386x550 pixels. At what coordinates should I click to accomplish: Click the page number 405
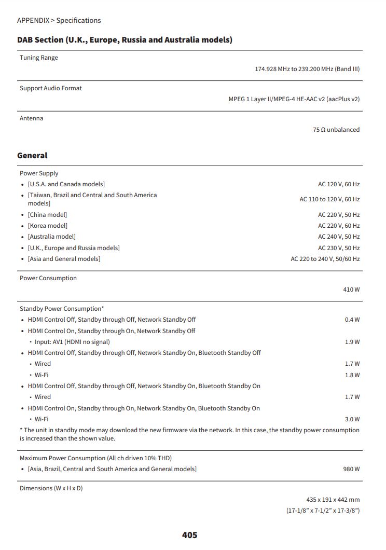[x=189, y=535]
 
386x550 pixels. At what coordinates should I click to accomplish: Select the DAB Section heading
[x=125, y=40]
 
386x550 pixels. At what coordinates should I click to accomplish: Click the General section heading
[x=32, y=156]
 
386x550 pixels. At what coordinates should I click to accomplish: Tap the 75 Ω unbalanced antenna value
[x=336, y=130]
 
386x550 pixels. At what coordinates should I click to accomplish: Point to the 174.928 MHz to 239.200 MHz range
[x=307, y=69]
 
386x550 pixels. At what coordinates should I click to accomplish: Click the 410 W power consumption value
[x=351, y=290]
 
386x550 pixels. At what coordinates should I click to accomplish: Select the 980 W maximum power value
[x=351, y=469]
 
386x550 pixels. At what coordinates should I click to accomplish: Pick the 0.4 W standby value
[x=352, y=320]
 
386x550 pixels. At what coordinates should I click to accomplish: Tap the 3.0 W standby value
[x=352, y=419]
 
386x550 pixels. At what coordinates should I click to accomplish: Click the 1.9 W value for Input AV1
[x=352, y=342]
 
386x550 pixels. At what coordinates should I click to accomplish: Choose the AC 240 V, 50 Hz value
[x=339, y=237]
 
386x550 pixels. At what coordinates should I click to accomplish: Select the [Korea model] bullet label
[x=48, y=226]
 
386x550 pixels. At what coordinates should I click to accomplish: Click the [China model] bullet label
[x=47, y=215]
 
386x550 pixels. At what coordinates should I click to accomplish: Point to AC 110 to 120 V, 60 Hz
[x=329, y=199]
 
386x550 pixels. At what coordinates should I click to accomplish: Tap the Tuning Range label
[x=39, y=58]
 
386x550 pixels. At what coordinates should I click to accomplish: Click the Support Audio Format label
[x=51, y=88]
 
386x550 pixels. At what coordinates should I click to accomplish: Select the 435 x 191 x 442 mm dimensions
[x=333, y=500]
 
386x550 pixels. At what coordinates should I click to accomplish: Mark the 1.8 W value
[x=352, y=375]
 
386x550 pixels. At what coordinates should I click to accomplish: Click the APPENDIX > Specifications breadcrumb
[x=59, y=21]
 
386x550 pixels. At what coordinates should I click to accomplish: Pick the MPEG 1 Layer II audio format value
[x=294, y=99]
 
